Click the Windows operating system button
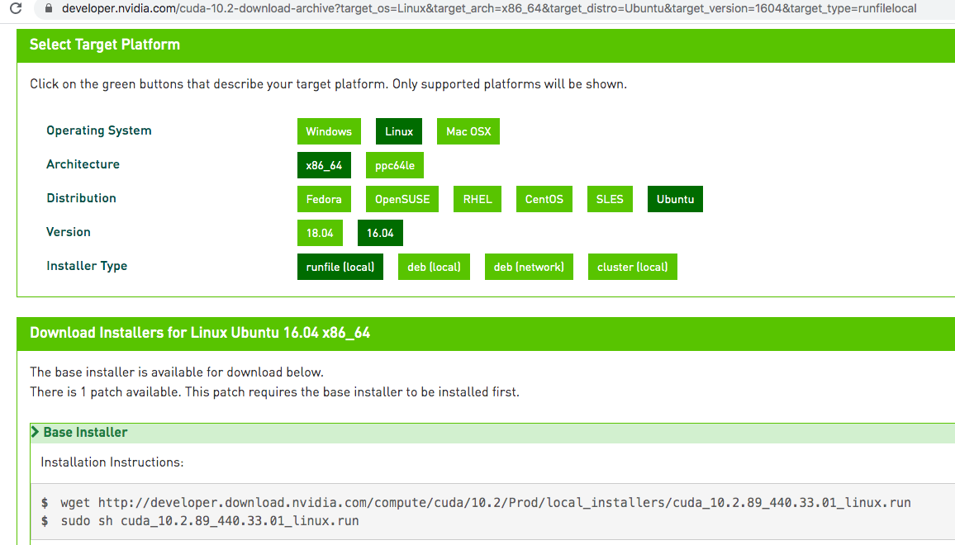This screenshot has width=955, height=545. (x=329, y=131)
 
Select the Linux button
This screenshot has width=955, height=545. (x=399, y=131)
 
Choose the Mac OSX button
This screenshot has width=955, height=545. (x=468, y=131)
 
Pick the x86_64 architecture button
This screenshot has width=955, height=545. (x=324, y=165)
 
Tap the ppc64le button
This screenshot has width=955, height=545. (x=395, y=165)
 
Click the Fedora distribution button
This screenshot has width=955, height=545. (x=324, y=199)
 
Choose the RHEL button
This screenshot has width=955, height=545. (x=477, y=199)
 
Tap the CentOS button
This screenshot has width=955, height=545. (x=544, y=199)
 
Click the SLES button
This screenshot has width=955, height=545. (x=610, y=199)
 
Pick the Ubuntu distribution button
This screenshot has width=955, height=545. (x=675, y=199)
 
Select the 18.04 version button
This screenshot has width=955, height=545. (x=320, y=233)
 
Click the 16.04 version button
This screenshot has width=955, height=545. (x=380, y=233)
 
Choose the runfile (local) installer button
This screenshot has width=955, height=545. (x=340, y=267)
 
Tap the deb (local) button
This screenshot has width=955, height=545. (x=434, y=267)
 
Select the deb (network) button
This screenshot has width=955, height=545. (x=529, y=267)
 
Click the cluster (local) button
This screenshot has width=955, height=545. (x=632, y=267)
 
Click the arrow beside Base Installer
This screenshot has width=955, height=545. (x=36, y=433)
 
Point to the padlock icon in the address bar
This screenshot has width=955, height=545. (x=48, y=8)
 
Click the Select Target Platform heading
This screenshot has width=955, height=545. (x=105, y=45)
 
